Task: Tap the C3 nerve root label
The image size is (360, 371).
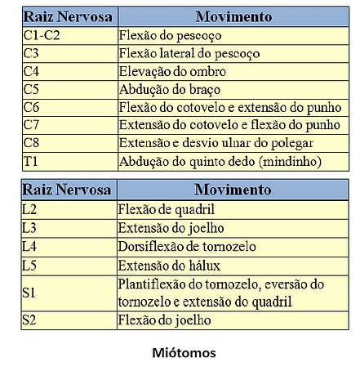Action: click(x=31, y=54)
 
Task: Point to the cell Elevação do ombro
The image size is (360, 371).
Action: click(x=172, y=72)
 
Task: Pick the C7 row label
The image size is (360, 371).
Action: click(x=31, y=126)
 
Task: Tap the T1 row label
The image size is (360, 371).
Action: click(x=30, y=161)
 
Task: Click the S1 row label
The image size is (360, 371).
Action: click(x=30, y=293)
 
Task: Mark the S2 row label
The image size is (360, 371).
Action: click(x=30, y=320)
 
